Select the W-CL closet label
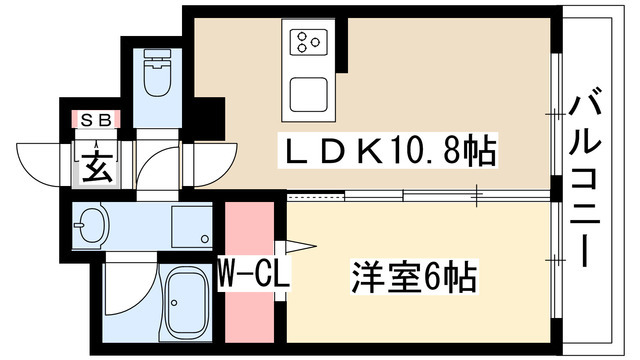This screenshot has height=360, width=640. pyautogui.click(x=254, y=271)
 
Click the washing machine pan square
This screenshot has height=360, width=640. pyautogui.click(x=191, y=227)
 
